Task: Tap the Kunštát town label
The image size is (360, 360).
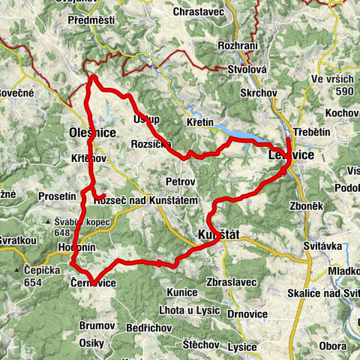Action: [218, 235]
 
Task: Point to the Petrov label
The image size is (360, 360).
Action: [181, 181]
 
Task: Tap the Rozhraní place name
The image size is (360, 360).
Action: [238, 46]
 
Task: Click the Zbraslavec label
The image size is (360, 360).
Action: [235, 281]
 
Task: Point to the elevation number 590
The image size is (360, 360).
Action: [344, 91]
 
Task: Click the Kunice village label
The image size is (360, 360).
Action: [183, 291]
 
